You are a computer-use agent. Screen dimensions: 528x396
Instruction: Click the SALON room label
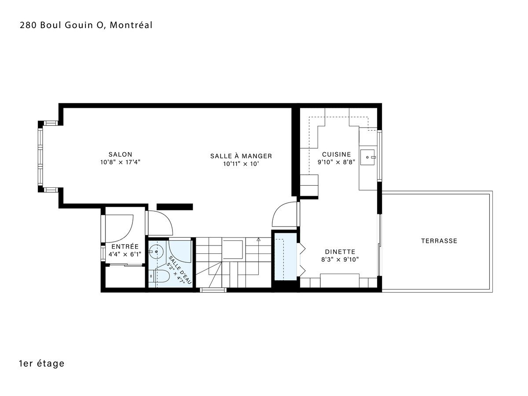point(120,154)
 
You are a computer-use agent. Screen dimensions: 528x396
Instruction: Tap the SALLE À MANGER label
point(241,156)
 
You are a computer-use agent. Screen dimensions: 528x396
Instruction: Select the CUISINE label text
point(336,154)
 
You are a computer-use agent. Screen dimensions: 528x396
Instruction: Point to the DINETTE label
point(340,252)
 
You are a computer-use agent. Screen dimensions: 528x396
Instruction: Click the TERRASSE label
point(439,241)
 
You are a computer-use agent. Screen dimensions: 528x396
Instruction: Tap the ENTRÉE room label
point(125,246)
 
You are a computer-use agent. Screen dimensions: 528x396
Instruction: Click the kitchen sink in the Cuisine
point(367,157)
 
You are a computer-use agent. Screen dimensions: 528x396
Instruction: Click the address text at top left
point(86,25)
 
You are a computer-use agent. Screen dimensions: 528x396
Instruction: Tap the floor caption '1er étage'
point(42,363)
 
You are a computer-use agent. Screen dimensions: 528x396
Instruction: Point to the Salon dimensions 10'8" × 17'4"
point(120,162)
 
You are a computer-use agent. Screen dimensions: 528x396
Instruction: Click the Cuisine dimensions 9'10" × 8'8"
point(336,162)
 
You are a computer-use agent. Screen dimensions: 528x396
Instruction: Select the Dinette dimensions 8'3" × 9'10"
point(340,260)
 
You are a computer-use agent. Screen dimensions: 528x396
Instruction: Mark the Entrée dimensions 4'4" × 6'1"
point(125,254)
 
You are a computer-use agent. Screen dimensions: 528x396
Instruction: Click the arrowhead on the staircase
point(259,239)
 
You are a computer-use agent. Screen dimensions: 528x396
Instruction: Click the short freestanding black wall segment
point(175,207)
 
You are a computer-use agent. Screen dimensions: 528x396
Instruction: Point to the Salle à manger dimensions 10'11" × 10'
point(241,164)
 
